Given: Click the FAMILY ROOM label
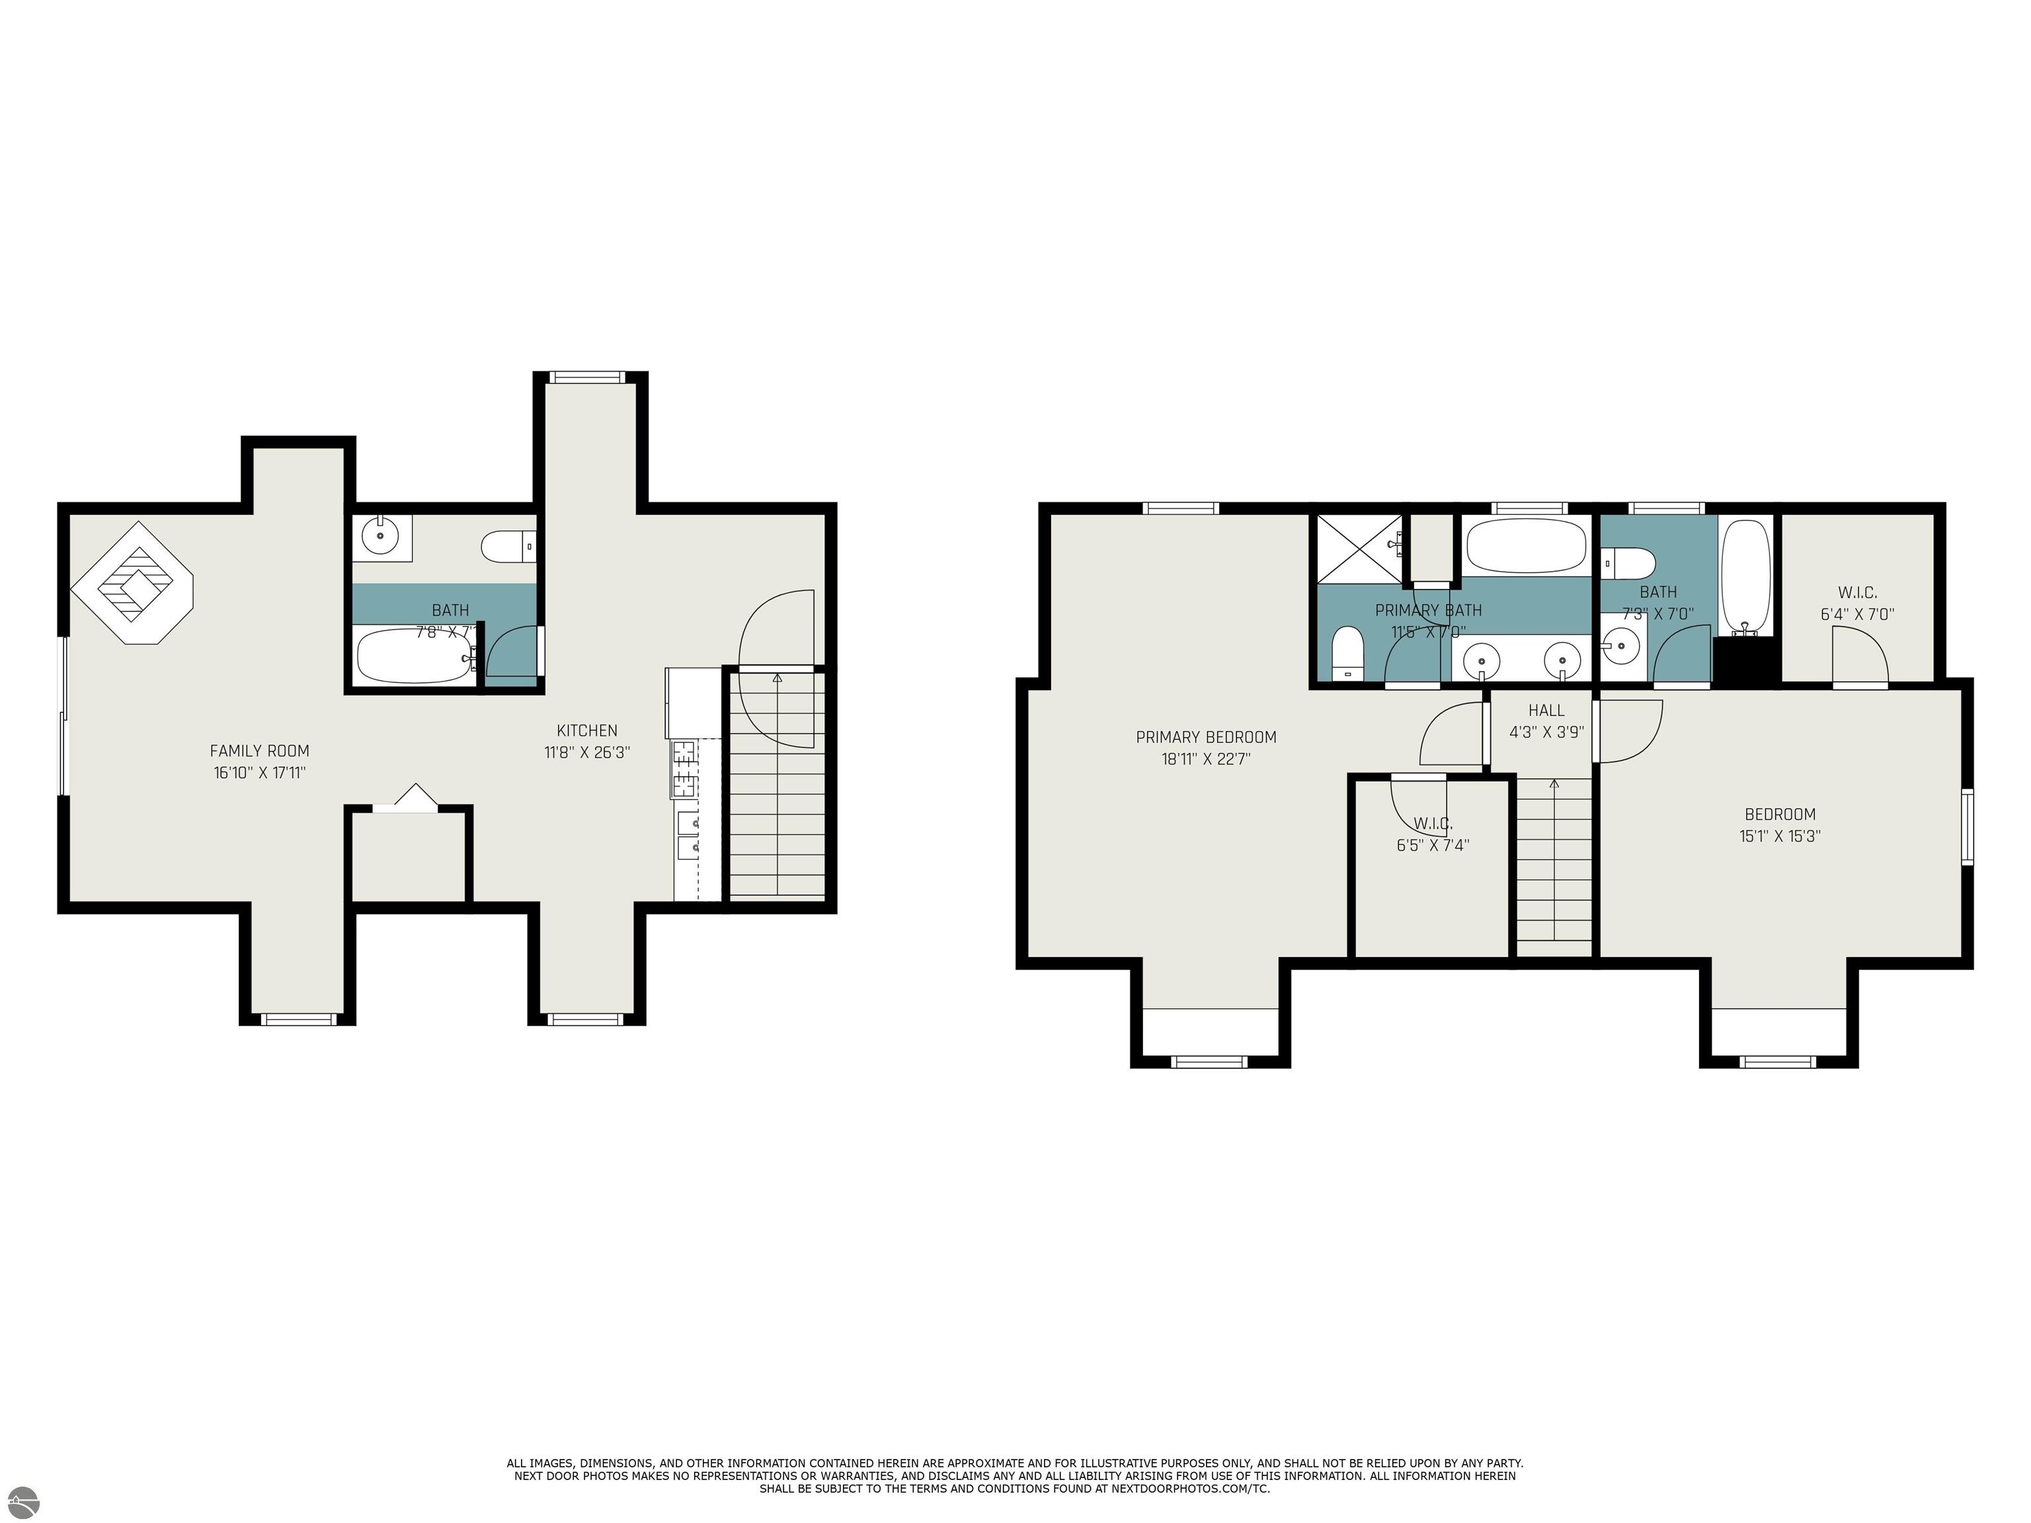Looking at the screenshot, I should (259, 751).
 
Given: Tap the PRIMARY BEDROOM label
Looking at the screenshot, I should (1205, 737).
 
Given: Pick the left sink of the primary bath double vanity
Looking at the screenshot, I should (1481, 658).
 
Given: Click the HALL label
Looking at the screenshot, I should (1546, 711).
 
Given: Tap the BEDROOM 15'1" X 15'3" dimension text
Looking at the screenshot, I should (1779, 836).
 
